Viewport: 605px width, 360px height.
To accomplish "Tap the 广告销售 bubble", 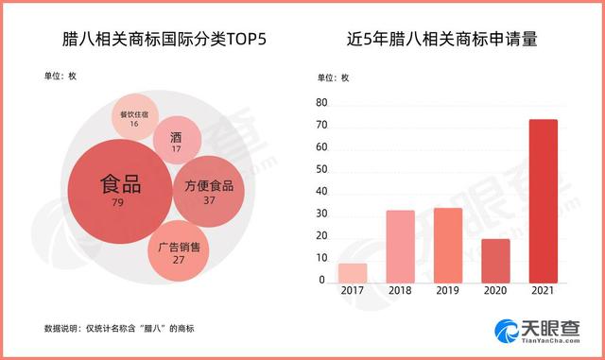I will [x=179, y=251].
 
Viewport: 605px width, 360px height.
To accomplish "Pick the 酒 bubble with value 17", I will [x=176, y=140].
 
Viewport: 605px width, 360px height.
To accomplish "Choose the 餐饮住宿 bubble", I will [x=134, y=117].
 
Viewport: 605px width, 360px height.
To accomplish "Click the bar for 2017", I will [x=352, y=273].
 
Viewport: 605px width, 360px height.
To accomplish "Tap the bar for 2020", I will [x=494, y=260].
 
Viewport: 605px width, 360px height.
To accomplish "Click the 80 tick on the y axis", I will [x=321, y=102].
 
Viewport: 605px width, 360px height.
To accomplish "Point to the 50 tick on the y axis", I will [x=321, y=169].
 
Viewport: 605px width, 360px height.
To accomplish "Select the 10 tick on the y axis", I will [x=321, y=258].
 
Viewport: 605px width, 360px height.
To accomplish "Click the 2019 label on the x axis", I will [x=447, y=293].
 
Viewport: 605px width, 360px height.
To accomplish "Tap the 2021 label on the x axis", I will [x=542, y=293].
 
